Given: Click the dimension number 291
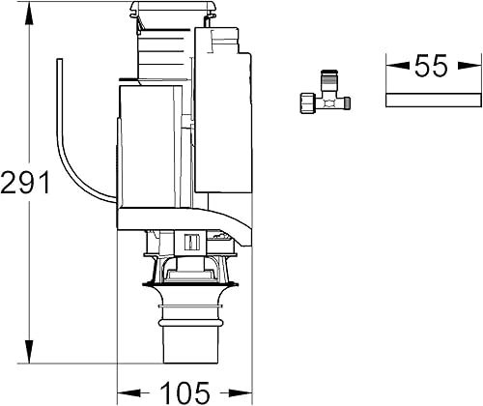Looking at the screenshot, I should (x=25, y=181).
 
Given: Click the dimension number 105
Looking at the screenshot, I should (x=184, y=391).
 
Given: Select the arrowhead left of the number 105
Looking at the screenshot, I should (x=125, y=391).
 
